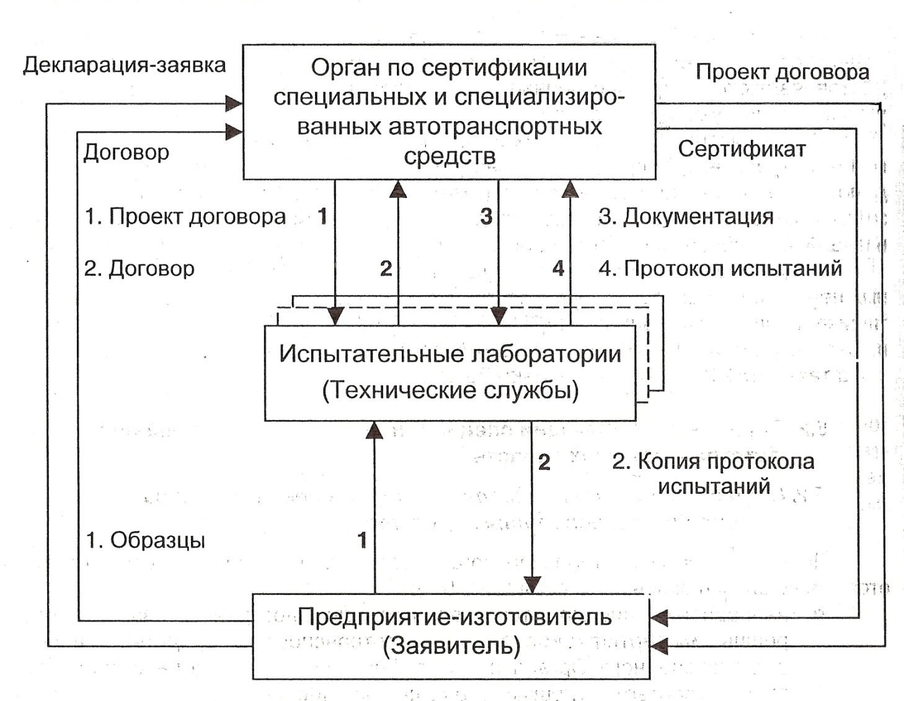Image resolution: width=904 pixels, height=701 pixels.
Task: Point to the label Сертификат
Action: [742, 150]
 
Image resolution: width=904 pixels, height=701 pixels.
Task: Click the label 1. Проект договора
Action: [185, 217]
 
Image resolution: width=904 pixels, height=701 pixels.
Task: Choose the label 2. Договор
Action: [140, 269]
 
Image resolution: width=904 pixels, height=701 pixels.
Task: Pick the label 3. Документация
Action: [686, 217]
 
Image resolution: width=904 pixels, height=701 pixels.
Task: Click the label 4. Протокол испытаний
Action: [720, 269]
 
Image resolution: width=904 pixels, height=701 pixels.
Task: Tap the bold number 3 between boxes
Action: [486, 217]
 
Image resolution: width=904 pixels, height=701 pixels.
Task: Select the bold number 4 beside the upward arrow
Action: [558, 269]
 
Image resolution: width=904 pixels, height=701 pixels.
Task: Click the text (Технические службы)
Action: [451, 390]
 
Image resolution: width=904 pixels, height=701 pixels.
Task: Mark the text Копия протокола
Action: [726, 462]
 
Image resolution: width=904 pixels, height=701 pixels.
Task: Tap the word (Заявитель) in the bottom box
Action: [451, 646]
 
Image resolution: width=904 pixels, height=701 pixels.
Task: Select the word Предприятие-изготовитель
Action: [454, 617]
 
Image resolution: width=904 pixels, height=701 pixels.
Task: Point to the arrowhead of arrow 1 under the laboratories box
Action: [374, 430]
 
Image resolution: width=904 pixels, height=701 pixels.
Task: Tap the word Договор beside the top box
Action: [126, 152]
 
